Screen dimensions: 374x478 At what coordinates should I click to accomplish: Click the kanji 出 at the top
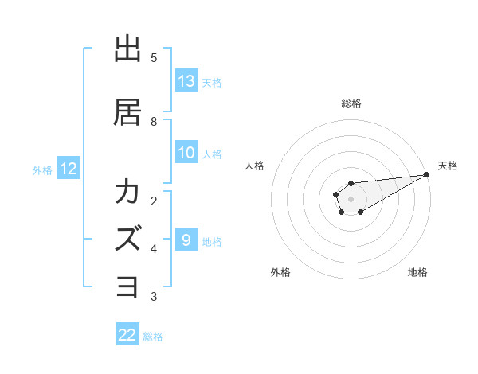128,49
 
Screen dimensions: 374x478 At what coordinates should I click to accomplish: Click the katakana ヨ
128,286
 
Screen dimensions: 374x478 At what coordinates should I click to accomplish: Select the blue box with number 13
186,81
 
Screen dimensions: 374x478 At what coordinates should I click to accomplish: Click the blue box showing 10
186,154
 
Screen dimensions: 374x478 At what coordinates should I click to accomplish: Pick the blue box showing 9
186,240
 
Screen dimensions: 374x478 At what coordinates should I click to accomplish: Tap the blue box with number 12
69,169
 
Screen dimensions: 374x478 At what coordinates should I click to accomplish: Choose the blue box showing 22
127,335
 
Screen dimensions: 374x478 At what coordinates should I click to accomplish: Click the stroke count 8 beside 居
154,121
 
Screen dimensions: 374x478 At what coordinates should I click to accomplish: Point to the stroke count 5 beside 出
154,58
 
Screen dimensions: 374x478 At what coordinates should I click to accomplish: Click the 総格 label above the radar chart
351,103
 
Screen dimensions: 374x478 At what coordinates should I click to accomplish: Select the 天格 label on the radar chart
448,166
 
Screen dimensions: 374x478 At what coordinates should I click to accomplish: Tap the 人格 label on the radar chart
254,166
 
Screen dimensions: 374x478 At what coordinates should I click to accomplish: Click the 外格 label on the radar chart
280,272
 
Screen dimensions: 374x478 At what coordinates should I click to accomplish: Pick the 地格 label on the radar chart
417,272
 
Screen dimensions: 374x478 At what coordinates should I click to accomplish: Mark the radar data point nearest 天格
427,175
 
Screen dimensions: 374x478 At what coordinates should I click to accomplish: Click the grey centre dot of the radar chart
351,199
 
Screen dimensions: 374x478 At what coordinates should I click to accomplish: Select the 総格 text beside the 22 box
153,337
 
